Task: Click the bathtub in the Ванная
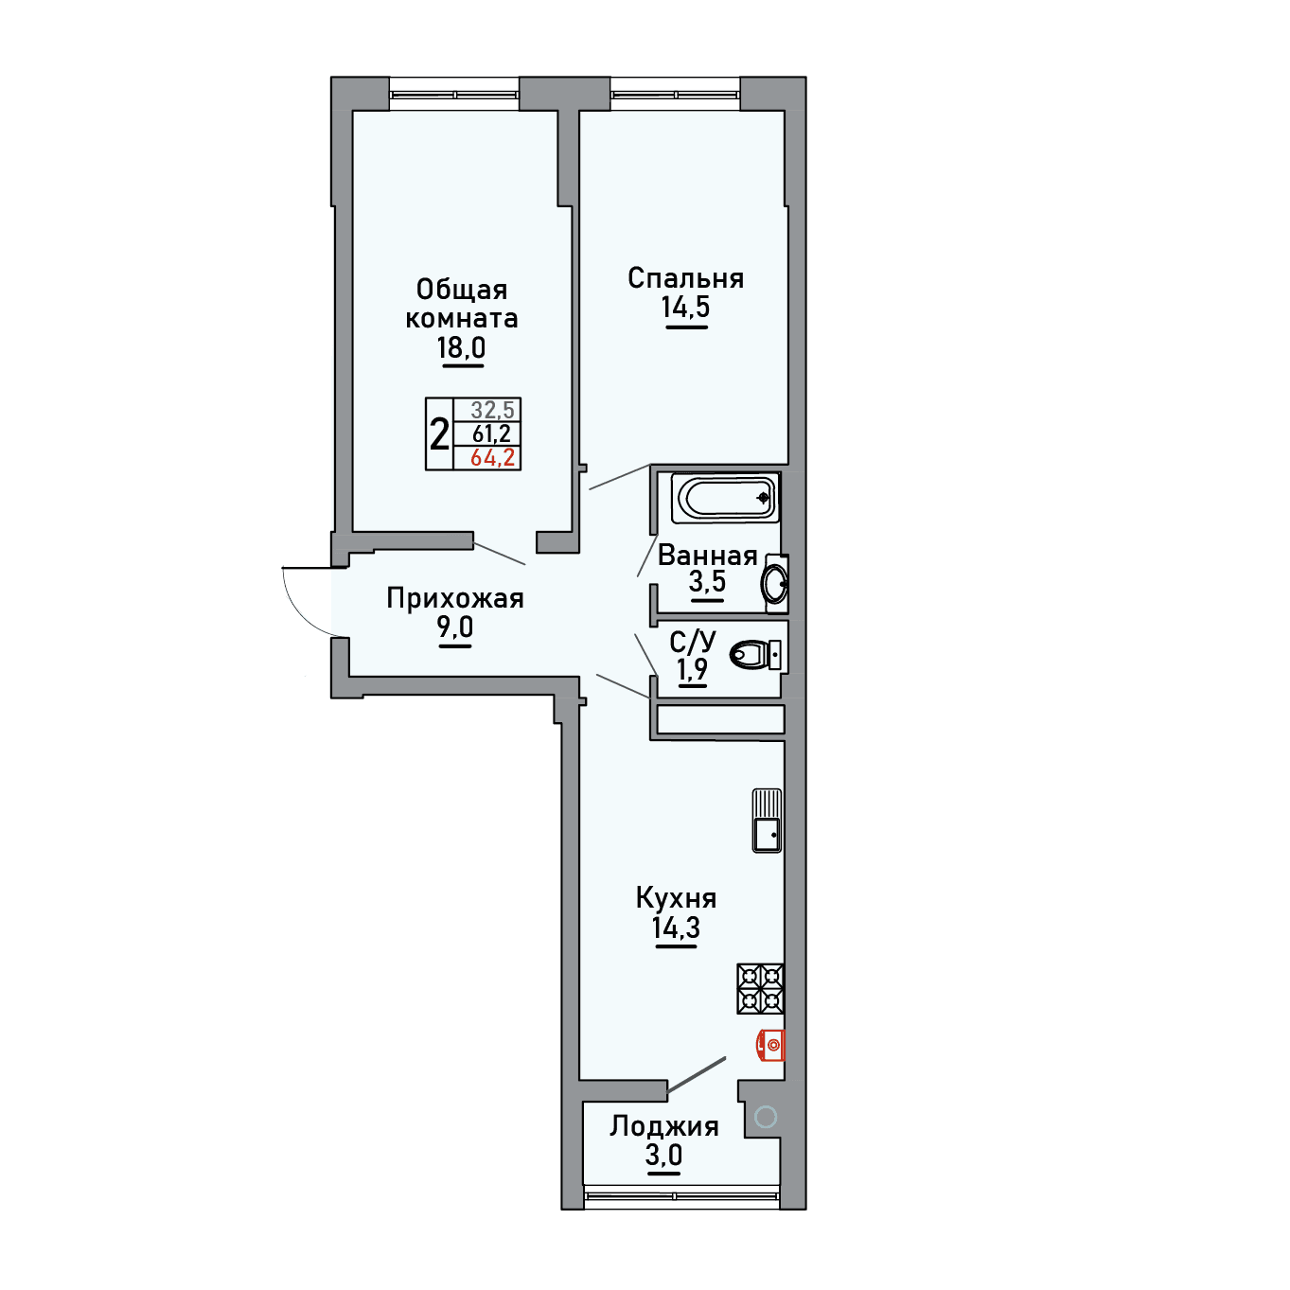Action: pyautogui.click(x=726, y=498)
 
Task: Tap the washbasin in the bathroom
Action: pyautogui.click(x=775, y=583)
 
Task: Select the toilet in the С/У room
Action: pyautogui.click(x=755, y=654)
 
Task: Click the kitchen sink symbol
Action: pyautogui.click(x=767, y=820)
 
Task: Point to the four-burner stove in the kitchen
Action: pyautogui.click(x=761, y=988)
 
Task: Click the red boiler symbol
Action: pyautogui.click(x=770, y=1045)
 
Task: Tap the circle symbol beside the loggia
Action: pyautogui.click(x=765, y=1116)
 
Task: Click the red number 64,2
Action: pyautogui.click(x=492, y=458)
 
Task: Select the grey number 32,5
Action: pyautogui.click(x=492, y=409)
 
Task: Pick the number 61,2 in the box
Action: pyautogui.click(x=492, y=433)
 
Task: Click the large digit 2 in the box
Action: pyautogui.click(x=439, y=433)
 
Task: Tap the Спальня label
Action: pyautogui.click(x=685, y=278)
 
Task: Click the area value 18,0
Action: pyautogui.click(x=461, y=347)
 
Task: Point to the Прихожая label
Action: pyautogui.click(x=455, y=598)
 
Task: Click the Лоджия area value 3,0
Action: pyautogui.click(x=664, y=1155)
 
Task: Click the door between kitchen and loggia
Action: pyautogui.click(x=697, y=1075)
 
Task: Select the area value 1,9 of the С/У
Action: pyautogui.click(x=692, y=668)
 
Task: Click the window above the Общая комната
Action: pyautogui.click(x=454, y=95)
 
